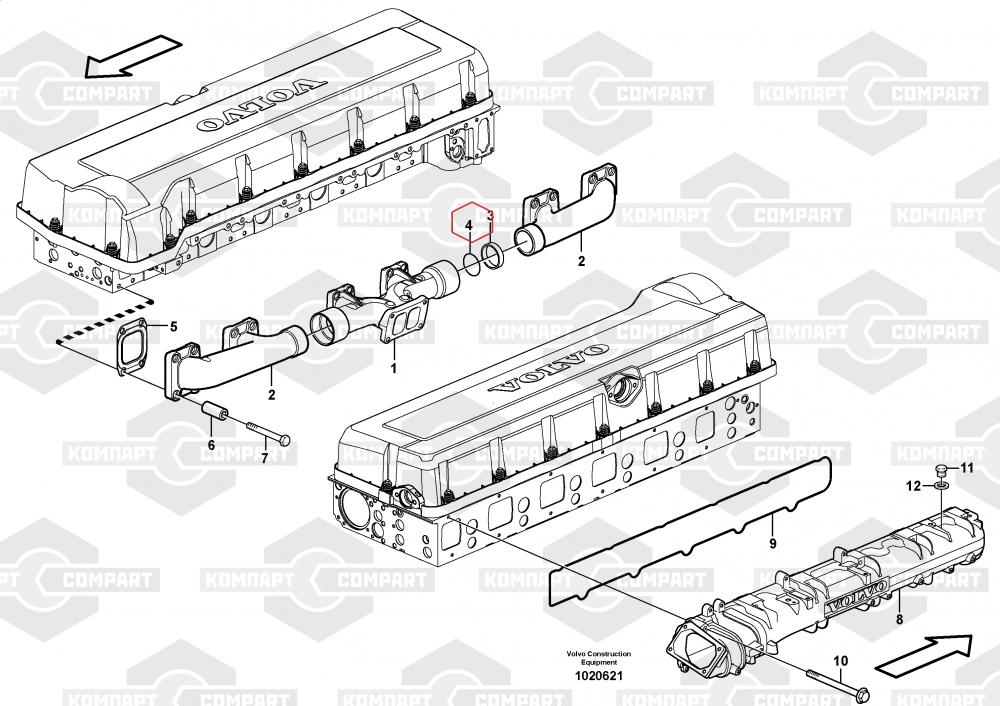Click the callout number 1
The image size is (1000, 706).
(x=393, y=368)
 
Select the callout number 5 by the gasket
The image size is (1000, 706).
(x=172, y=327)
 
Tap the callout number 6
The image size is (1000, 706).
(x=211, y=445)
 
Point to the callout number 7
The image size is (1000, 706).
(x=264, y=458)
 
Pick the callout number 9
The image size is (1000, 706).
(x=772, y=543)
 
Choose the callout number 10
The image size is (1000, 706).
(x=840, y=660)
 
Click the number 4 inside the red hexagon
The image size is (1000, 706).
(x=468, y=226)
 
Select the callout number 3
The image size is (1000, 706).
(x=490, y=214)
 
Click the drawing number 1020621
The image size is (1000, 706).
(x=598, y=676)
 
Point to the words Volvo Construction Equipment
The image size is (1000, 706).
(x=599, y=658)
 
